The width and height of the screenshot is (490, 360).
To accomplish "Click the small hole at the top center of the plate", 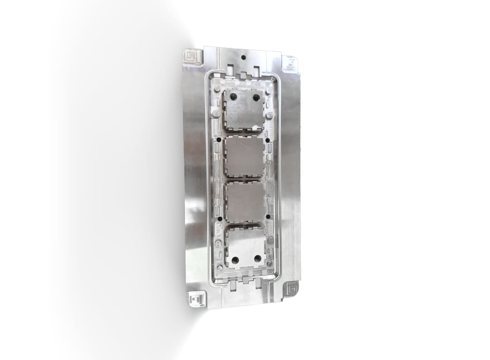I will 244,58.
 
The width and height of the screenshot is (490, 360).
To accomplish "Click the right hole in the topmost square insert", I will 256,97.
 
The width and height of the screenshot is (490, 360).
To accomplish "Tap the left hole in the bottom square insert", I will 235,260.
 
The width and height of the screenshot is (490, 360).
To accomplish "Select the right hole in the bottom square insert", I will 257,258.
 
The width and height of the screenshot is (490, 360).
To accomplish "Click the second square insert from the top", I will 245,156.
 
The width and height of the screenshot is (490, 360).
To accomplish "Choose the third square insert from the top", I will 245,203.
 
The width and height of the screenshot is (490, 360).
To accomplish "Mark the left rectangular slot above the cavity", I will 231,71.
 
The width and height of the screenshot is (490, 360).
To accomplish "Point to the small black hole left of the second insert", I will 219,140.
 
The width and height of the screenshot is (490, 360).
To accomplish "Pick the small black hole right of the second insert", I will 268,140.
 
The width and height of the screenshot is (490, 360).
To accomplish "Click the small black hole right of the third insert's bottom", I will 268,217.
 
